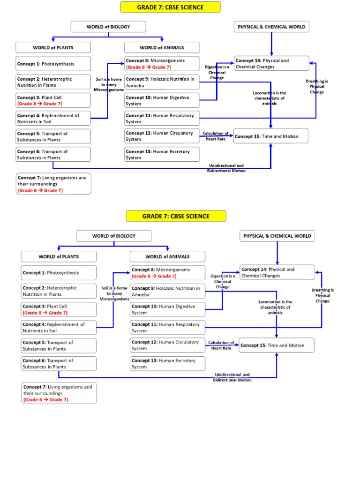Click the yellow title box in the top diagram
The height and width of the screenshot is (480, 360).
(x=170, y=7)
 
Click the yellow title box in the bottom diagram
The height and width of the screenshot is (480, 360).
(x=176, y=216)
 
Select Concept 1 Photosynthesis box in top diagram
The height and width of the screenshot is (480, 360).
(x=53, y=64)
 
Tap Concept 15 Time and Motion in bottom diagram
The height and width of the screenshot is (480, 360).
(x=277, y=345)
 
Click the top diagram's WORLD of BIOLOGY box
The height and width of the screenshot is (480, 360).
(x=108, y=27)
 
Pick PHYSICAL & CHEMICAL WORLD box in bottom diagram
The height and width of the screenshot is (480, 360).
(x=277, y=236)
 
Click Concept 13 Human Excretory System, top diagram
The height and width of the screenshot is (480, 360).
(x=162, y=155)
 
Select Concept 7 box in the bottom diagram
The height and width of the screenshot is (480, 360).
(x=59, y=393)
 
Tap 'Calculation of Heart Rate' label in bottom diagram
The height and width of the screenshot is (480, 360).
(x=221, y=345)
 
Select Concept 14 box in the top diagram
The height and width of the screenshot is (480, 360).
(x=271, y=63)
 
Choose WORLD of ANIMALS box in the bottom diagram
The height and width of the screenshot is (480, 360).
(x=167, y=256)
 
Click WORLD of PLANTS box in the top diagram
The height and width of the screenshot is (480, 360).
(x=53, y=47)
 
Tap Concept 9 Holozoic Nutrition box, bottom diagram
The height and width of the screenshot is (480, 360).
(x=167, y=291)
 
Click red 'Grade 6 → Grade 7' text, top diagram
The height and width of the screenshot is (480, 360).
(x=40, y=191)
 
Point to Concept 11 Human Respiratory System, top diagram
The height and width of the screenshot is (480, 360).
(x=162, y=118)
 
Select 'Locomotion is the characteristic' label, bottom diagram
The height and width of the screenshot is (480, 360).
(x=276, y=307)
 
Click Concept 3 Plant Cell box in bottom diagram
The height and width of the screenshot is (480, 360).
(x=59, y=309)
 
